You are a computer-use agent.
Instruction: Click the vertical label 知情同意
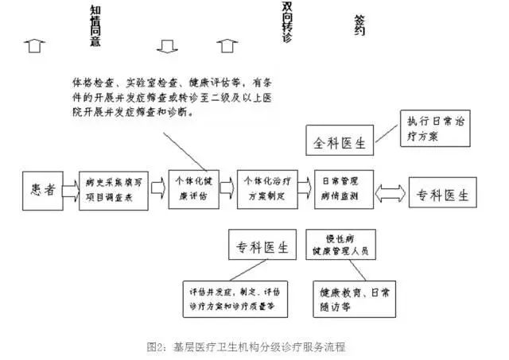coord(95,25)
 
